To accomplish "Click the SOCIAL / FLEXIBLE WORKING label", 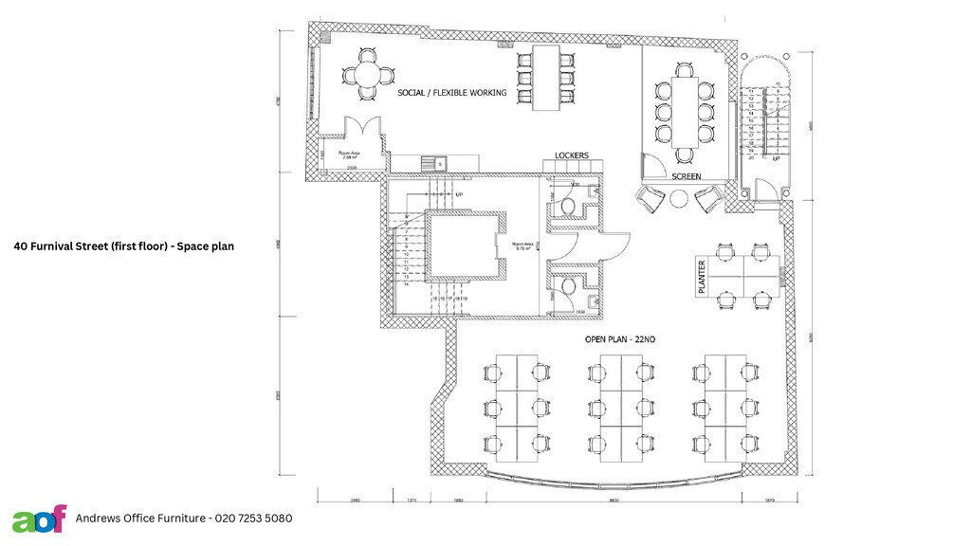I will pyautogui.click(x=451, y=93).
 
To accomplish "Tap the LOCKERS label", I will pyautogui.click(x=571, y=155).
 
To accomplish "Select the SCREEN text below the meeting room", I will pyautogui.click(x=687, y=177).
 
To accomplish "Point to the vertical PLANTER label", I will pyautogui.click(x=703, y=278).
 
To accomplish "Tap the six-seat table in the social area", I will pyautogui.click(x=545, y=77).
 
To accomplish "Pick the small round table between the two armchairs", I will pyautogui.click(x=678, y=199).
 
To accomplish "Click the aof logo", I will pyautogui.click(x=39, y=519).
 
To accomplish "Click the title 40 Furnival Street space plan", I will pyautogui.click(x=123, y=246).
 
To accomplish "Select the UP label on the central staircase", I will pyautogui.click(x=460, y=194).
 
